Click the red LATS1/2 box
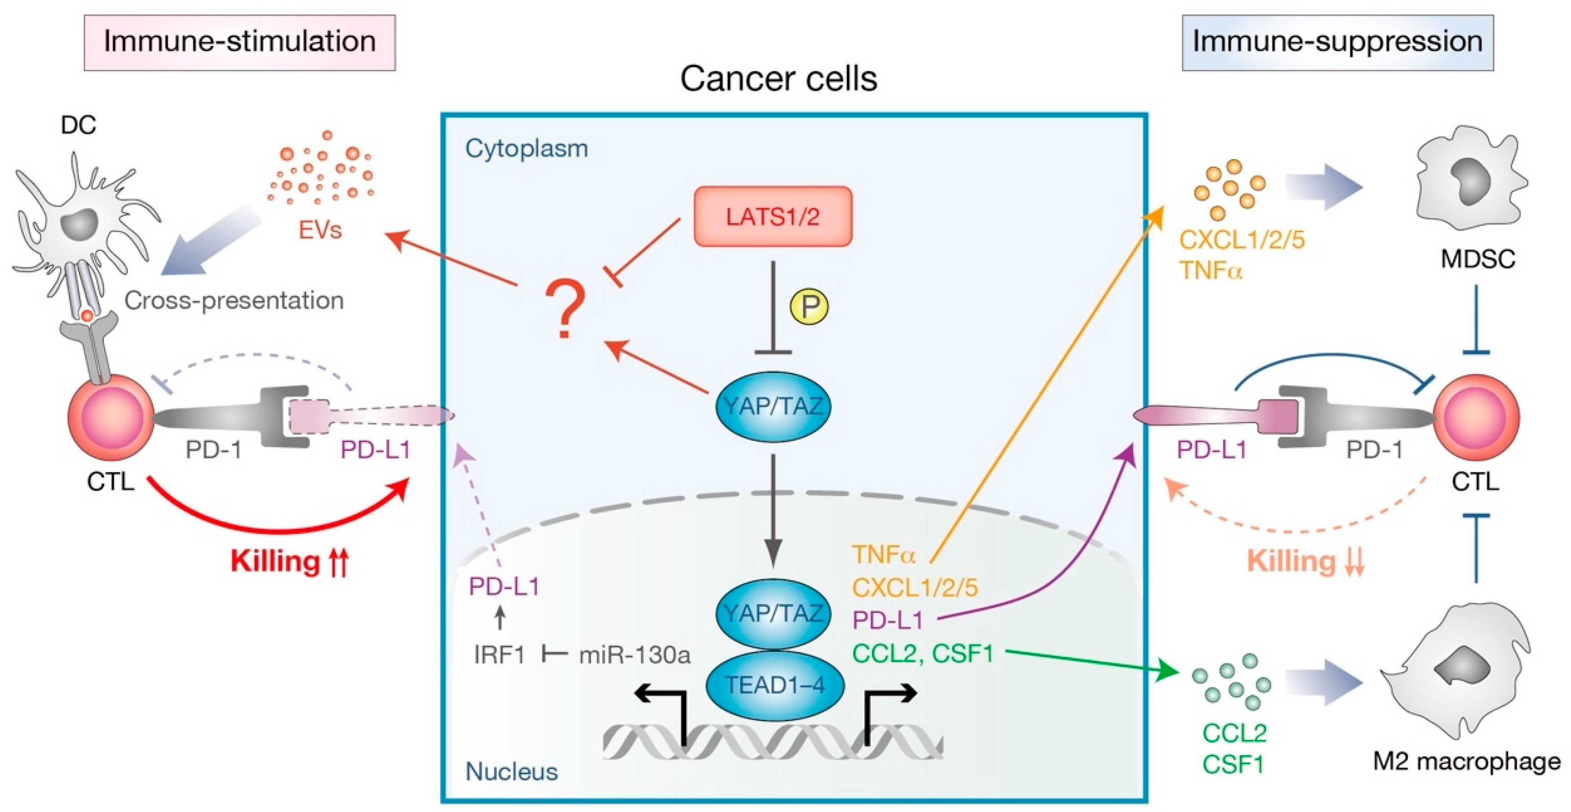(x=772, y=216)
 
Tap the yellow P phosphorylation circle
(x=809, y=306)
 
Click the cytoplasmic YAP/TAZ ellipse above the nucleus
(x=772, y=406)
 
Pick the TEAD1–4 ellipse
(x=775, y=685)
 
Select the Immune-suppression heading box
(x=1337, y=43)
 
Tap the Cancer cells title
(x=778, y=79)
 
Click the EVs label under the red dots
(x=320, y=230)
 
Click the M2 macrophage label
(x=1466, y=761)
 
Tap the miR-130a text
(x=634, y=655)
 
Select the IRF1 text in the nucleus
(x=499, y=655)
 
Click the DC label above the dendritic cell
(x=78, y=125)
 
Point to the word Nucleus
(x=511, y=772)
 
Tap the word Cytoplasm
(x=526, y=149)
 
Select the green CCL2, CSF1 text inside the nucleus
(x=922, y=653)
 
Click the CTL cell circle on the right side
(x=1476, y=418)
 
